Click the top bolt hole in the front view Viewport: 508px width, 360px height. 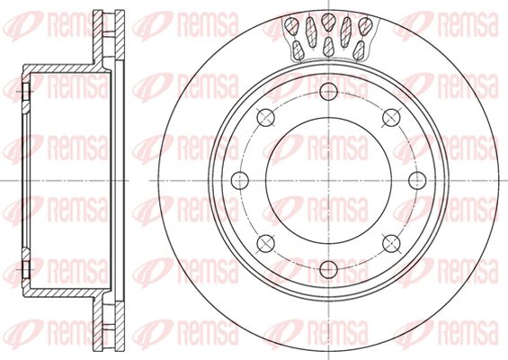coord(328,91)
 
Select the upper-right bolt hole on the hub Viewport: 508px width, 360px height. coord(391,117)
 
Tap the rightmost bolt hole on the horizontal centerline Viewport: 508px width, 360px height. coord(417,181)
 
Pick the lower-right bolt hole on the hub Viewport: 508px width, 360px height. coord(391,244)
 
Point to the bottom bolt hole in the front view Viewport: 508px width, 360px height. coord(328,269)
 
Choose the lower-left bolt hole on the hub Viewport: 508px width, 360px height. coord(265,244)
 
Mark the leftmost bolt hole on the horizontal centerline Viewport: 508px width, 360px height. coord(240,181)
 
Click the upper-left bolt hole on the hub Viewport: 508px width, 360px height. coord(265,117)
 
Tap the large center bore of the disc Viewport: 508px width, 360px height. coord(328,181)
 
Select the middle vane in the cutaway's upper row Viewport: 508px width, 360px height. coord(328,22)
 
